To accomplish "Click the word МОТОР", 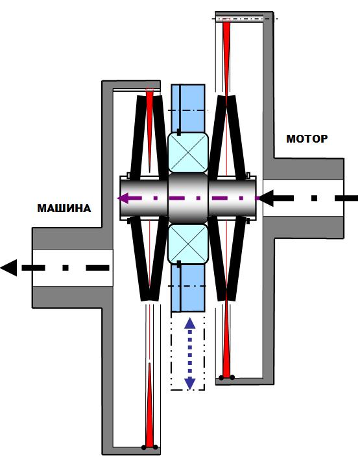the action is coord(307,139).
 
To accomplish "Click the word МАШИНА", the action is coord(64,208).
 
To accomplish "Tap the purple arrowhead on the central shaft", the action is coord(123,198).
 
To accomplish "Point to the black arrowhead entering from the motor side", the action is coord(266,198).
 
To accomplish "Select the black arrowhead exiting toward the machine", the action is coord(9,268).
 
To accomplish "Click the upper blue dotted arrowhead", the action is coord(189,323).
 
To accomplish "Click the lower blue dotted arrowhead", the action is coord(189,384).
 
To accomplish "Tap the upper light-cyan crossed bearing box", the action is coord(188,152).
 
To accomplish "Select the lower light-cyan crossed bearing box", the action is coord(188,244).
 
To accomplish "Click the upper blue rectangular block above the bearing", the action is coord(188,109).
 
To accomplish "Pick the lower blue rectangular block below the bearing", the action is coord(188,287).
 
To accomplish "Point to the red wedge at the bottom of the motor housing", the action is coord(226,337).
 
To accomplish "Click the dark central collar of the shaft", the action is coord(188,198).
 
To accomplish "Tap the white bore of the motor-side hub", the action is coord(303,198).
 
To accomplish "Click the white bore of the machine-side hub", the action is coord(73,268).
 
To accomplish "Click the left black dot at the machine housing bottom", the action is coord(144,447).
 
